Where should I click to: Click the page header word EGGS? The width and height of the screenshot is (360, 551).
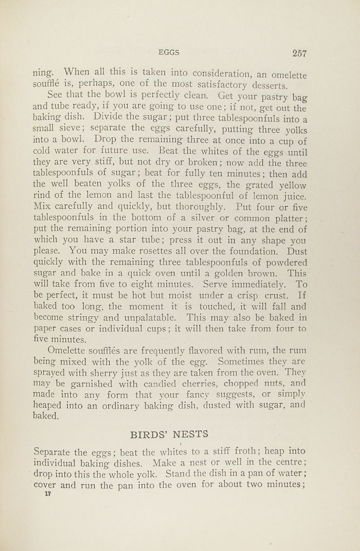tap(169, 52)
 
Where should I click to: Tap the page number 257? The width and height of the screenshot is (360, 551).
tap(299, 52)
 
